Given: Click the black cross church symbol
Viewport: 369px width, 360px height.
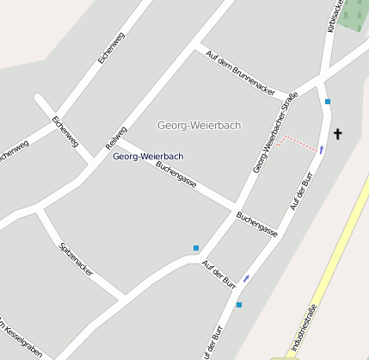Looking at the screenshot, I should pyautogui.click(x=337, y=133).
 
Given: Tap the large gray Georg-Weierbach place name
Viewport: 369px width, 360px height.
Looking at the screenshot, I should pyautogui.click(x=200, y=126).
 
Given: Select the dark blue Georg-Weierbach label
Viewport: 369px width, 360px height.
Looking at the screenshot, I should pyautogui.click(x=148, y=156).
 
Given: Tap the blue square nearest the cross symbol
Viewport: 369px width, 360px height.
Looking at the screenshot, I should pyautogui.click(x=328, y=102).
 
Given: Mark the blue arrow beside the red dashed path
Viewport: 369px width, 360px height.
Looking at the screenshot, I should pyautogui.click(x=322, y=150).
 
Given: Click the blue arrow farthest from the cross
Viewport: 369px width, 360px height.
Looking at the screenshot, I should pyautogui.click(x=247, y=277).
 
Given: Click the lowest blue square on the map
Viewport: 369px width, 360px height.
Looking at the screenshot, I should pyautogui.click(x=239, y=305).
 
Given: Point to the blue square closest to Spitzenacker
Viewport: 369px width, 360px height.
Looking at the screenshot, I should pyautogui.click(x=196, y=248).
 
